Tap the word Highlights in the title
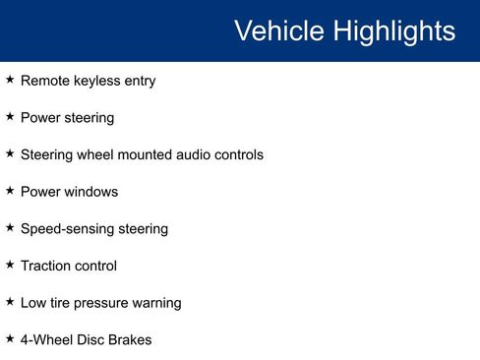(x=393, y=31)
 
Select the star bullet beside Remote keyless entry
(x=10, y=80)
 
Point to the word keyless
(x=93, y=81)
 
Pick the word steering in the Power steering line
(x=89, y=118)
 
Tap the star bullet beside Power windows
(x=10, y=191)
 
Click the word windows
(x=91, y=192)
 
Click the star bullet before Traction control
(x=10, y=265)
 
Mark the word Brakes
(x=130, y=339)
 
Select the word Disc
(x=89, y=339)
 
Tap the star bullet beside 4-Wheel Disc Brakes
(x=10, y=338)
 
